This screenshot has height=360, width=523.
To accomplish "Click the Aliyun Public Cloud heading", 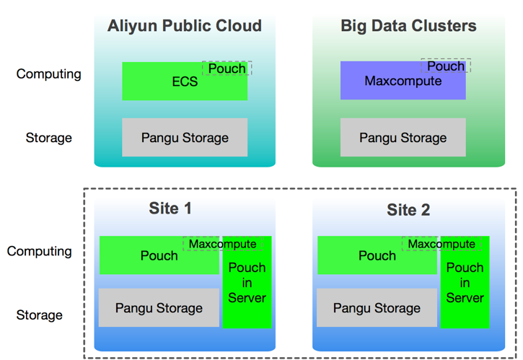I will pos(185,27).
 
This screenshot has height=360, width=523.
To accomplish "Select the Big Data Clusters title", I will pos(408,27).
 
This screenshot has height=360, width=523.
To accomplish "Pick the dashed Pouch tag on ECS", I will pos(227,69).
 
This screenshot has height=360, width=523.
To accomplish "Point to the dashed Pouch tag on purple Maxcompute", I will pos(446,66).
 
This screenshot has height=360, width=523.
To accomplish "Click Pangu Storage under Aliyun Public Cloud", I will pos(185,138).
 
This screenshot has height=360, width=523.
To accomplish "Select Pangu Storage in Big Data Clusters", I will pos(403,138).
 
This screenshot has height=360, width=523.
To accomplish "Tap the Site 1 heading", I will pos(170,209).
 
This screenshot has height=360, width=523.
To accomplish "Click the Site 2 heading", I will pos(408,210).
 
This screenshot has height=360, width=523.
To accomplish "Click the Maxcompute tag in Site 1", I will pos(222,244).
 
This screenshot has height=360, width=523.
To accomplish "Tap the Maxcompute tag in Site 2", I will pos(441,244).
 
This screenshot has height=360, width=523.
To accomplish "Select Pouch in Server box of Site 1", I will pos(247,283).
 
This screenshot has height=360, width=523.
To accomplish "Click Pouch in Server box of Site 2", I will pos(465,283).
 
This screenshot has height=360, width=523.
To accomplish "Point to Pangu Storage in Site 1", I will pos(159,308).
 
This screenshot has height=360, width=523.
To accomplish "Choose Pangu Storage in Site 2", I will pos(377,308).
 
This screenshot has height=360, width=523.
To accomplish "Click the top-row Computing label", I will pos(49,74).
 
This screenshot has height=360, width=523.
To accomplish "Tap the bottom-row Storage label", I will pos(40,315).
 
